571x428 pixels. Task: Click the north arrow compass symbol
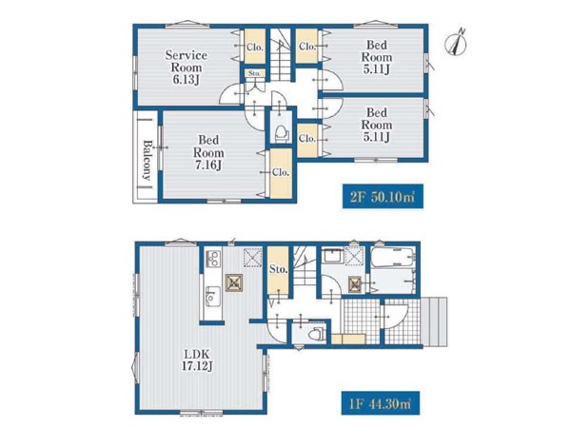click(456, 44)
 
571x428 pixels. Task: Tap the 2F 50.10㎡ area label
click(383, 197)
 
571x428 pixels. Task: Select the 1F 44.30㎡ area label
click(380, 403)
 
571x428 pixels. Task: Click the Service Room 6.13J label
click(187, 68)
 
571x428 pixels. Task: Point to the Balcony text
click(147, 160)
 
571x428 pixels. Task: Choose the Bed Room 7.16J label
click(208, 152)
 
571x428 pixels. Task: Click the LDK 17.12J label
click(197, 360)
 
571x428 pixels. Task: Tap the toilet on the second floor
click(281, 133)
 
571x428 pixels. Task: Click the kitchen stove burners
click(212, 259)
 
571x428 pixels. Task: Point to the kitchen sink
click(212, 296)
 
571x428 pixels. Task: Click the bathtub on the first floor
click(393, 257)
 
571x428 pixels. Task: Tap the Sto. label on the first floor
click(279, 270)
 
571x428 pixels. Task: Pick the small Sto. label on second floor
click(254, 73)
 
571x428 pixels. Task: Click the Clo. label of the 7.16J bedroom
click(281, 172)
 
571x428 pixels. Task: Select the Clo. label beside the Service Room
click(255, 48)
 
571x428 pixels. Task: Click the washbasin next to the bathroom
click(333, 255)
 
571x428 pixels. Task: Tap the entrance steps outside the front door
click(434, 321)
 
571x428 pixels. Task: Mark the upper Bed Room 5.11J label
click(377, 57)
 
